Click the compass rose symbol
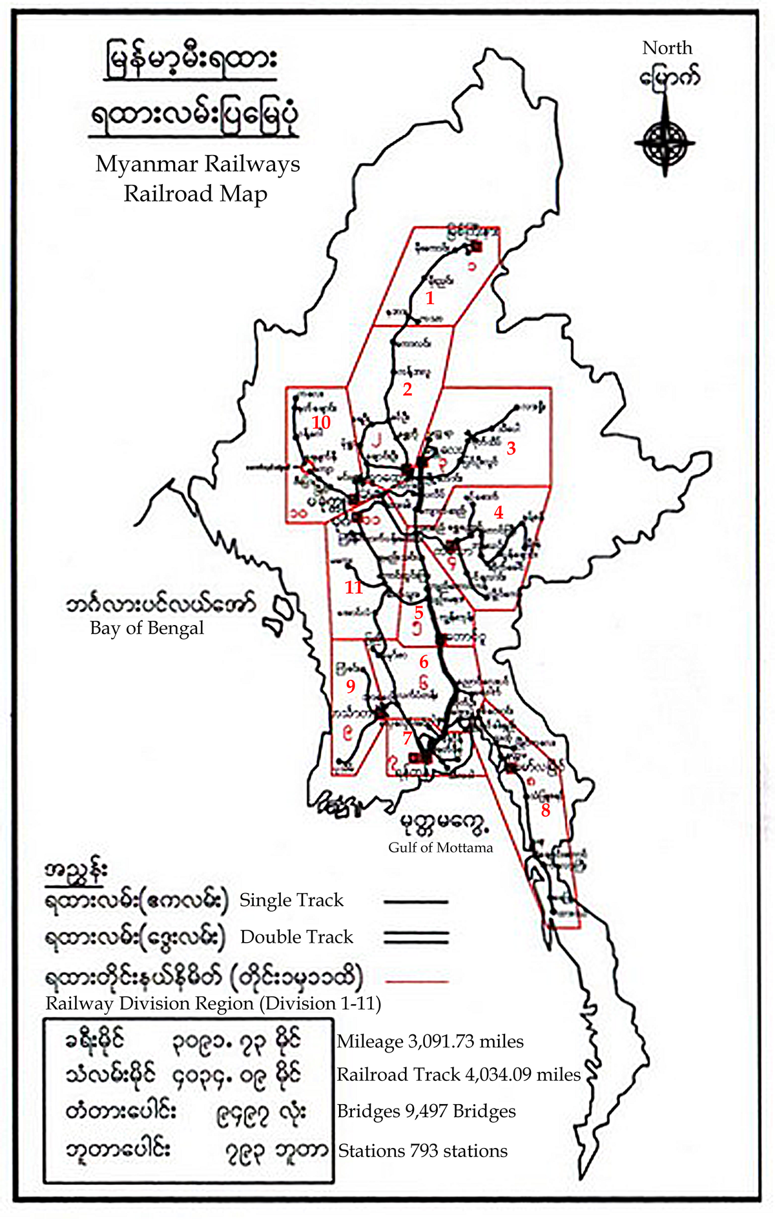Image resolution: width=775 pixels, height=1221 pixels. tap(665, 141)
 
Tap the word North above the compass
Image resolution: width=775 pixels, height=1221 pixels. tap(667, 48)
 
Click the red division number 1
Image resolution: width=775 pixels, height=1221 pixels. tap(430, 298)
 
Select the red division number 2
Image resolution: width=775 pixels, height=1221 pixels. tap(407, 389)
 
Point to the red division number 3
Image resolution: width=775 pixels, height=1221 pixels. tap(511, 448)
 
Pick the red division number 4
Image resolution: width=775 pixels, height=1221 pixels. tap(499, 512)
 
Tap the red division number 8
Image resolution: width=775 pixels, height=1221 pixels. tap(546, 810)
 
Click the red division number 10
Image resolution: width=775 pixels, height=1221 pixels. tap(321, 422)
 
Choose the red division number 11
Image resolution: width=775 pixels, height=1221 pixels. tap(354, 587)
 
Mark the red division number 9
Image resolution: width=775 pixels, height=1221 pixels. tap(351, 686)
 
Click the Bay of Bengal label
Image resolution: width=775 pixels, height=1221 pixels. tap(147, 628)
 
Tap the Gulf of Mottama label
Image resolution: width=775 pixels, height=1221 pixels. tap(440, 847)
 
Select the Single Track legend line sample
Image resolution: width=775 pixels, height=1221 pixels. tap(416, 901)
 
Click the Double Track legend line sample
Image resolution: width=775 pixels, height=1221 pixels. tap(416, 937)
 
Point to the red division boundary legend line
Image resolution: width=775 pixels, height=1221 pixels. tap(416, 981)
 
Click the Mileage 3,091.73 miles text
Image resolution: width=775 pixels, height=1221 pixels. tap(430, 1041)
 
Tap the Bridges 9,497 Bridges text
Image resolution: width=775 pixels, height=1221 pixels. tap(426, 1111)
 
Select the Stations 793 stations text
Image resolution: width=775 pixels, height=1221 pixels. tap(423, 1151)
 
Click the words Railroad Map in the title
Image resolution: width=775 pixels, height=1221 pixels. tap(195, 193)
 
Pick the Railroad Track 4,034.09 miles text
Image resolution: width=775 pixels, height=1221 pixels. tap(459, 1074)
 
